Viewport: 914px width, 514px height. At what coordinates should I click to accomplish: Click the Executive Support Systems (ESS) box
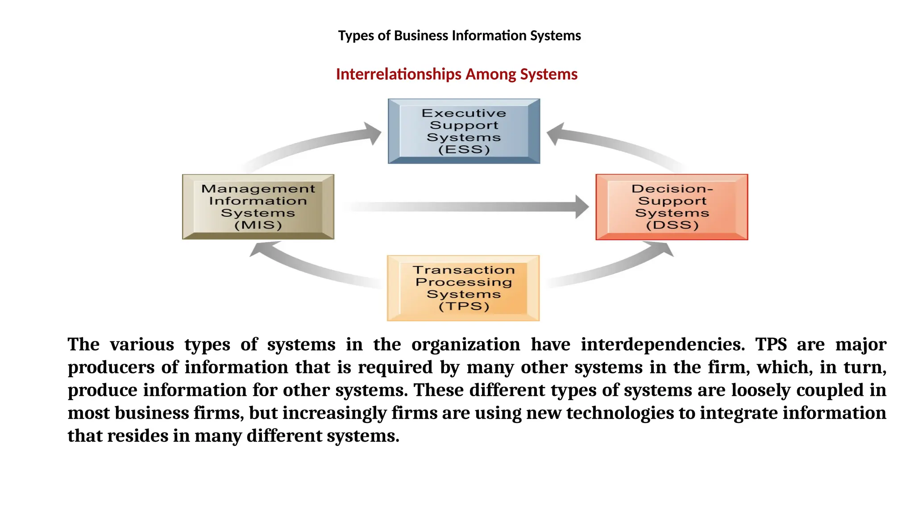pos(464,131)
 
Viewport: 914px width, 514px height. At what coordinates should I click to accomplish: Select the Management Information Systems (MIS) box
pos(258,207)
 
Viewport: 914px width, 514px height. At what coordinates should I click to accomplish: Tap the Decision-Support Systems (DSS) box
pos(672,207)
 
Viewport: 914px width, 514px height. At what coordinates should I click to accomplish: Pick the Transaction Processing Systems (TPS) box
pos(463,288)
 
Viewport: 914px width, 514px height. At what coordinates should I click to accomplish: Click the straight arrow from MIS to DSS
pos(464,207)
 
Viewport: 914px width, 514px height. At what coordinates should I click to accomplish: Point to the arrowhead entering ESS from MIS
pos(372,133)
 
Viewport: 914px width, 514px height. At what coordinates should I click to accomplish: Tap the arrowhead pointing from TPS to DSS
pos(664,248)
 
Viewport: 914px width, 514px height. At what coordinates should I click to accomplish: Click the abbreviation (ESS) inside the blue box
pos(464,149)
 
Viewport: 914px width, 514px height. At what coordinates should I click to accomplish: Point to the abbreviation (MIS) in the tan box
pos(258,225)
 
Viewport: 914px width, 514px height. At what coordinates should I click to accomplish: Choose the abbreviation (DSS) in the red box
pos(672,225)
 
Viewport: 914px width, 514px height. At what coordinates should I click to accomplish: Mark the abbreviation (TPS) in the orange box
pos(464,307)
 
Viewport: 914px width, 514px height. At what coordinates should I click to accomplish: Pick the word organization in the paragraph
pos(465,344)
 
